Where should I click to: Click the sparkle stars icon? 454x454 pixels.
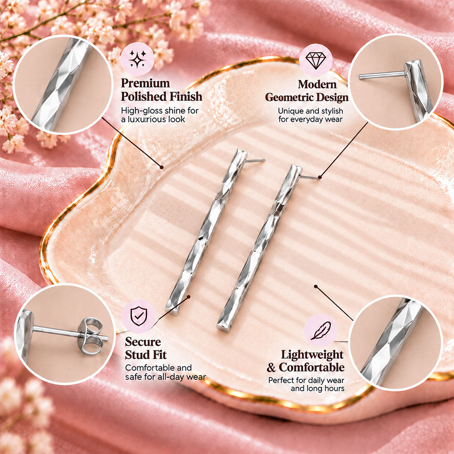(x=137, y=59)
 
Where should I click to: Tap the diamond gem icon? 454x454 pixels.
(x=316, y=60)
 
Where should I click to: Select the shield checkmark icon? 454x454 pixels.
(x=138, y=316)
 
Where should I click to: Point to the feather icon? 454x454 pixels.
(x=321, y=331)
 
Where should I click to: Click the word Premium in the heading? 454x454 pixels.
(x=145, y=83)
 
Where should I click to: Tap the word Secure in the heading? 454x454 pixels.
(x=143, y=342)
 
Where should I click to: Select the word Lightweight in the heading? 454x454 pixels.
(x=312, y=355)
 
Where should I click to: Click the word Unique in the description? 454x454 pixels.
(x=290, y=111)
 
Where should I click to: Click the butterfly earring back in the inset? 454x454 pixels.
(x=91, y=336)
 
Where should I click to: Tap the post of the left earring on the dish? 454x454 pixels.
(x=255, y=160)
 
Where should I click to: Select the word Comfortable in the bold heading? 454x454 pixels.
(x=311, y=367)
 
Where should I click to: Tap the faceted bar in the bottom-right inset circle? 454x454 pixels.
(x=393, y=342)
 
